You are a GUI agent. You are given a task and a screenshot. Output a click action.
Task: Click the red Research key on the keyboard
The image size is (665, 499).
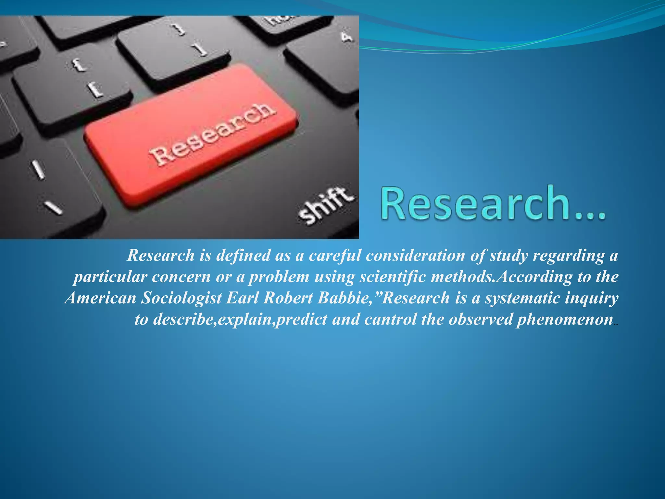tap(192, 135)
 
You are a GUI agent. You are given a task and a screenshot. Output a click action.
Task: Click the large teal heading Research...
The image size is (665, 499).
tap(492, 204)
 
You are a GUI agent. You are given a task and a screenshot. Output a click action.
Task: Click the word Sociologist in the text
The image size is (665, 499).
tap(181, 298)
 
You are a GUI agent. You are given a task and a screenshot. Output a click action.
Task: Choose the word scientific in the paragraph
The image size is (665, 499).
tap(394, 277)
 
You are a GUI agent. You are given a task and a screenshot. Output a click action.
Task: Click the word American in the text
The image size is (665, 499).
tap(100, 298)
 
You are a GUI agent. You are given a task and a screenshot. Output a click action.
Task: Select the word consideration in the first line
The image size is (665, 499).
tap(416, 255)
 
